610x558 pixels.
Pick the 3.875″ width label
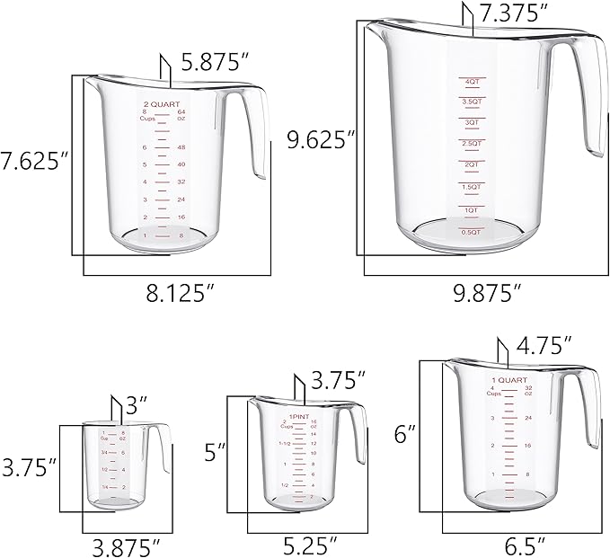128,545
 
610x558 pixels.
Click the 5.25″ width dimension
307,545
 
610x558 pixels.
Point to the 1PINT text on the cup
301,417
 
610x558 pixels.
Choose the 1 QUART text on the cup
508,381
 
